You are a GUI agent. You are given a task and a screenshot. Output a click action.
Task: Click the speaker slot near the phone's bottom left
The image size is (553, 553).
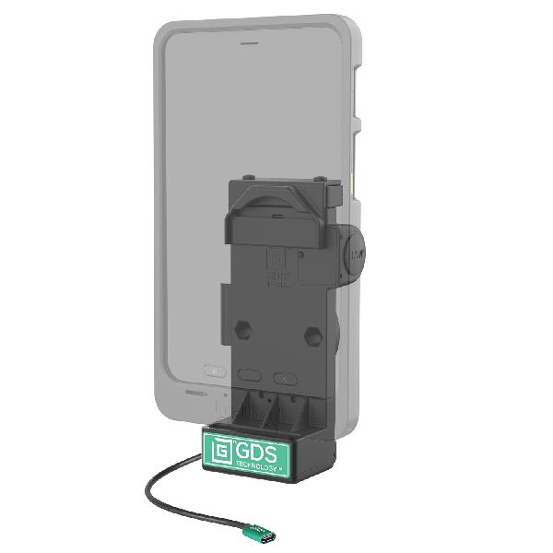(188, 392)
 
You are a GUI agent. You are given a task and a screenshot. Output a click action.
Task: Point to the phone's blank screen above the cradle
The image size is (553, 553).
(249, 111)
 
